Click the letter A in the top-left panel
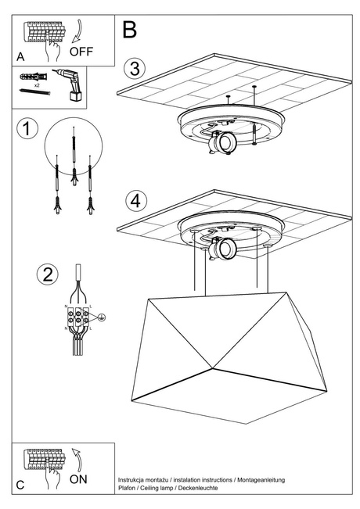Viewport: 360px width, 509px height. coord(20,56)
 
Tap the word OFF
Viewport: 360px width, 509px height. coord(81,53)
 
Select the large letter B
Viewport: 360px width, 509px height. coord(130,30)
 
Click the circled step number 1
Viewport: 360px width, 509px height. coord(27,129)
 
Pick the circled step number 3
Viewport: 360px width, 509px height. coord(136,68)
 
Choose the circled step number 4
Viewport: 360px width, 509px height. coord(136,200)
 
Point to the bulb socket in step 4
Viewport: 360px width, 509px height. coord(226,249)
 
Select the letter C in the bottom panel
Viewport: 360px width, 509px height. coord(20,485)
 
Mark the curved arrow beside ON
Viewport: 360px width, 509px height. coord(76,457)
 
